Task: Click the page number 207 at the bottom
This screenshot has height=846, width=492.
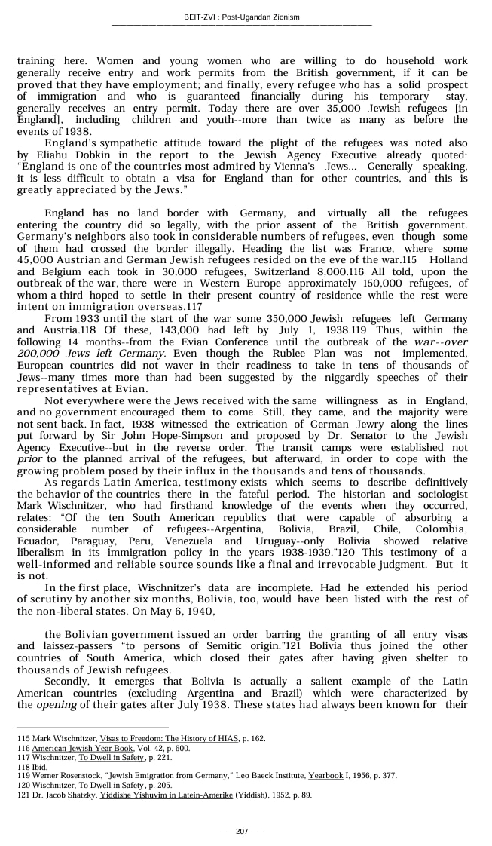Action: pos(242,832)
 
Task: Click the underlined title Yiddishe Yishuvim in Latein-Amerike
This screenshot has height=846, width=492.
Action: pos(166,795)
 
